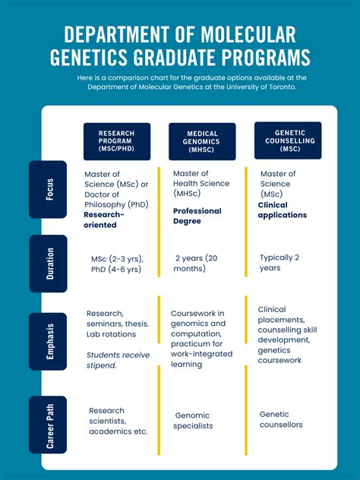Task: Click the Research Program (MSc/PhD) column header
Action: click(116, 142)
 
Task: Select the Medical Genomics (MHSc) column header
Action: click(202, 142)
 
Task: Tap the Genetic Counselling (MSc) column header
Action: click(287, 141)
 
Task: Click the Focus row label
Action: click(49, 189)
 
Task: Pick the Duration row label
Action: click(49, 264)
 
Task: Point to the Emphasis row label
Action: click(49, 341)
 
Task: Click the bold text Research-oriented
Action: click(104, 219)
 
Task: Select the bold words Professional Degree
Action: click(197, 216)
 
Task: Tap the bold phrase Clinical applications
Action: click(283, 210)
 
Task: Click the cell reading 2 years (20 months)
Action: click(201, 263)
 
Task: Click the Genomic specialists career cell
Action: click(199, 421)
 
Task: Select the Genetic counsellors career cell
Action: click(281, 419)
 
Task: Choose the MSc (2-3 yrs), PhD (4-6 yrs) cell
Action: click(116, 264)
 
